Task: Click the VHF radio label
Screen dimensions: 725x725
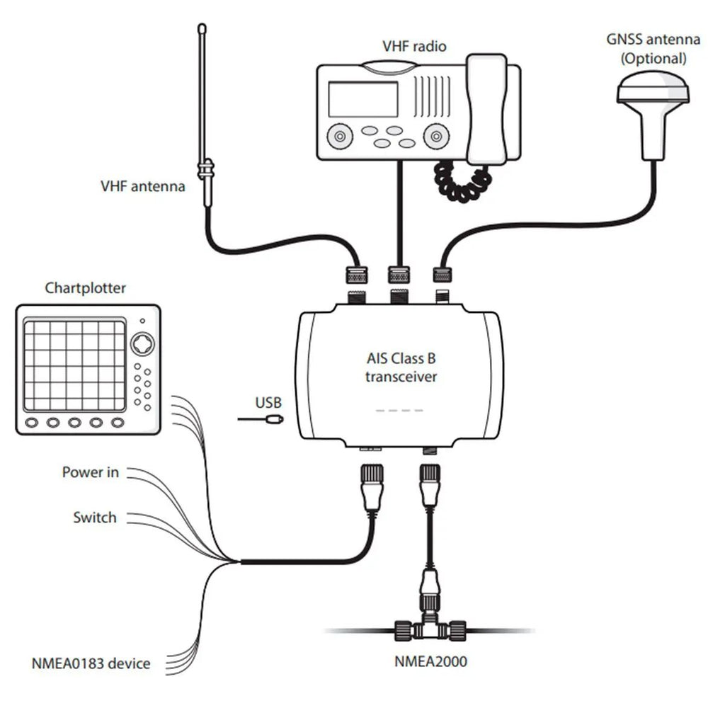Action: (414, 47)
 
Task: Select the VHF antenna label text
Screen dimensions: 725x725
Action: (142, 187)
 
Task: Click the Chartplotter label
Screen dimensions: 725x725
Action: (86, 288)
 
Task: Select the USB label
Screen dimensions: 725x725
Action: (268, 404)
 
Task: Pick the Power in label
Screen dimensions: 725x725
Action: (91, 472)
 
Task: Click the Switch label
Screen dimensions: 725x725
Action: (94, 518)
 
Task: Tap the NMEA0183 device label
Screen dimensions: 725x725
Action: (91, 663)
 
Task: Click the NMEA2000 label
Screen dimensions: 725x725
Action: (430, 663)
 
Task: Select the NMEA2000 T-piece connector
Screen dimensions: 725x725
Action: (429, 626)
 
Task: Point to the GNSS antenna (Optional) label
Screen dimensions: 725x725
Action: (653, 49)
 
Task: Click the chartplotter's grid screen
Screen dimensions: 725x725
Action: (74, 365)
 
